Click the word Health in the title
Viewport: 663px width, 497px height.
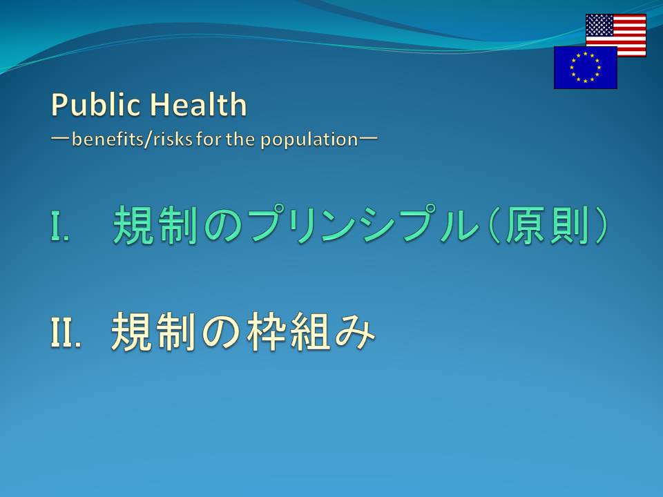pyautogui.click(x=198, y=104)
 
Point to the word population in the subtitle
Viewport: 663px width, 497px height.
pyautogui.click(x=309, y=140)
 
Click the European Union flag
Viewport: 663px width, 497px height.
pyautogui.click(x=585, y=68)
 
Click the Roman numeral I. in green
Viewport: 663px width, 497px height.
pyautogui.click(x=59, y=226)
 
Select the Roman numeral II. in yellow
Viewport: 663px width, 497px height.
pyautogui.click(x=66, y=332)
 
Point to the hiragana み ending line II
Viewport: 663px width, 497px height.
pyautogui.click(x=355, y=333)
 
